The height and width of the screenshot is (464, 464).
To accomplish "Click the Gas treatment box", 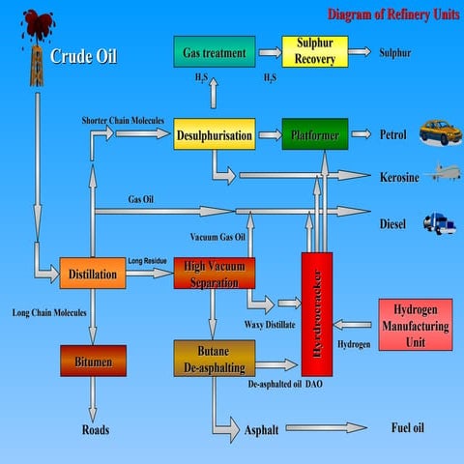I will pos(214,51).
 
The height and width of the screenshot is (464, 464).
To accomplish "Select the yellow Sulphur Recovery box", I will pos(313,51).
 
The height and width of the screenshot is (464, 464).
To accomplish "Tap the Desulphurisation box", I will pos(215,135).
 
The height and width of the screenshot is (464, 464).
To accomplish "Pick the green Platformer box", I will pos(314,135).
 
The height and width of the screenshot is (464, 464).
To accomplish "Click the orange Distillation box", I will pos(93,274).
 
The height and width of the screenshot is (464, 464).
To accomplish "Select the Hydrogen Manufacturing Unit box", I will pos(415,325).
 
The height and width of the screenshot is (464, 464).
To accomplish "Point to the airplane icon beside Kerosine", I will pos(441,175).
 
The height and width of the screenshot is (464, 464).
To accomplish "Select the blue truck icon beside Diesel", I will pos(440,223).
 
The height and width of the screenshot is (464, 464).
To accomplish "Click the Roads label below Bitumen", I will pos(95,430).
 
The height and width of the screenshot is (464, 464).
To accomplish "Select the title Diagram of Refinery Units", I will pos(391,14).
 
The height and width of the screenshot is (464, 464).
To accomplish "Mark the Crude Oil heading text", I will pos(83,55).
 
